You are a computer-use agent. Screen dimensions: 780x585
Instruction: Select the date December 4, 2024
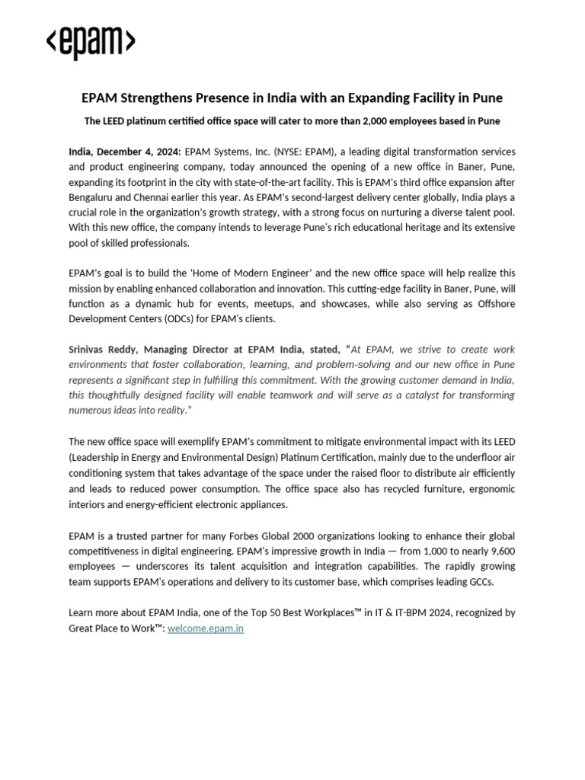[142, 152]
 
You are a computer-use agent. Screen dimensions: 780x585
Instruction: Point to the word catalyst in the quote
[414, 395]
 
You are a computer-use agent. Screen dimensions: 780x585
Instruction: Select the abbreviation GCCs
[476, 581]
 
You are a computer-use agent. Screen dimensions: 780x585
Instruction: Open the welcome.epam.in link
[206, 629]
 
